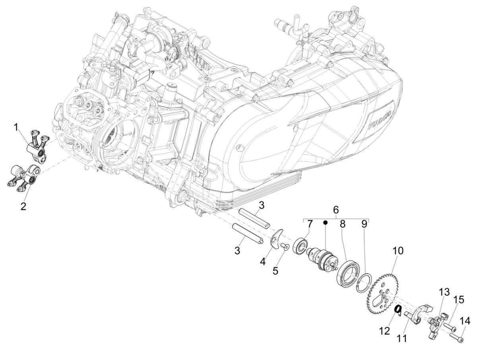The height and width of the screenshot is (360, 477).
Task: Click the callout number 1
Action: coord(16,128)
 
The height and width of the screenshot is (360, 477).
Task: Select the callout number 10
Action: coord(398,251)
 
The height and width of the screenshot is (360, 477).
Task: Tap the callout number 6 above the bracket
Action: coord(335,210)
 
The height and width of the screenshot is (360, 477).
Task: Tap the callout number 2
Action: coord(23,206)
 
